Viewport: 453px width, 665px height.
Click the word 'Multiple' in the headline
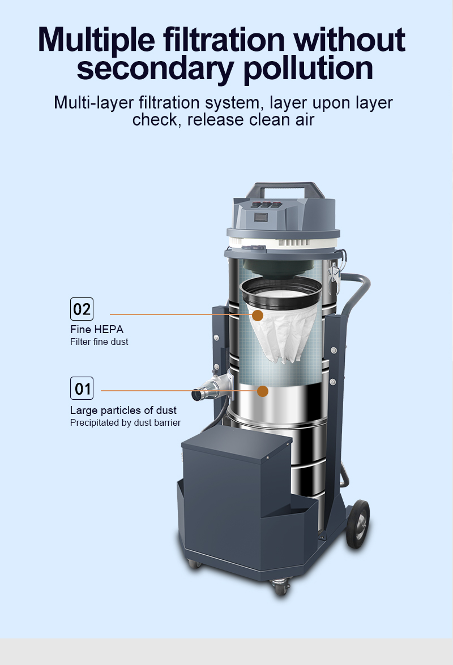click(96, 40)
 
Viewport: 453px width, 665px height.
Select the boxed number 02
click(82, 309)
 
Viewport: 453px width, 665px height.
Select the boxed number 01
click(82, 388)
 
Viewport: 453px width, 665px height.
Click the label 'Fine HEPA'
click(97, 329)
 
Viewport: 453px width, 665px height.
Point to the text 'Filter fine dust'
click(99, 342)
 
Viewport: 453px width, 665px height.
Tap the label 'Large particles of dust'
click(123, 410)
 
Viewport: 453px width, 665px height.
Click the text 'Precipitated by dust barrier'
click(125, 423)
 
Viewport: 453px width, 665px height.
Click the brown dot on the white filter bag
click(257, 315)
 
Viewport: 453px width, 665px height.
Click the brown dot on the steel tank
click(262, 391)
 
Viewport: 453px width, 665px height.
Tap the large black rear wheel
click(358, 524)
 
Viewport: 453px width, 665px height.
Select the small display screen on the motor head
click(260, 218)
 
